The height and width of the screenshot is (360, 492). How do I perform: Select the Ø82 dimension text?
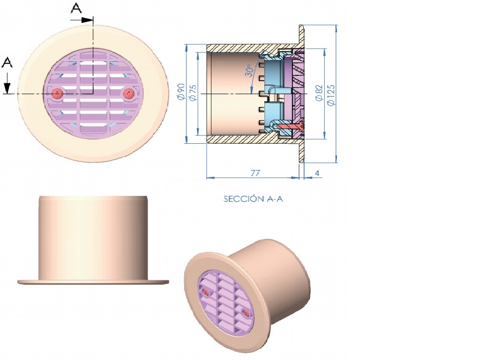319,93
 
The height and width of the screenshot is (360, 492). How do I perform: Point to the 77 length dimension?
255,173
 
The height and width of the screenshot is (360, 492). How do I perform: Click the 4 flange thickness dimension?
317,173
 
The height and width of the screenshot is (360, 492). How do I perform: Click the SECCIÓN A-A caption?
253,199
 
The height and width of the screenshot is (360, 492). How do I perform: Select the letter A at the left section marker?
7,62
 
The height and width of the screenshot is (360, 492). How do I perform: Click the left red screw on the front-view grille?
57,93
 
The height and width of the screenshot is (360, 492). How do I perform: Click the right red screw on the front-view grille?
129,94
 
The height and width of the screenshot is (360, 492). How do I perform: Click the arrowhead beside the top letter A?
88,20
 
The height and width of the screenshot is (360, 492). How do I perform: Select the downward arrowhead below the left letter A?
7,88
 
